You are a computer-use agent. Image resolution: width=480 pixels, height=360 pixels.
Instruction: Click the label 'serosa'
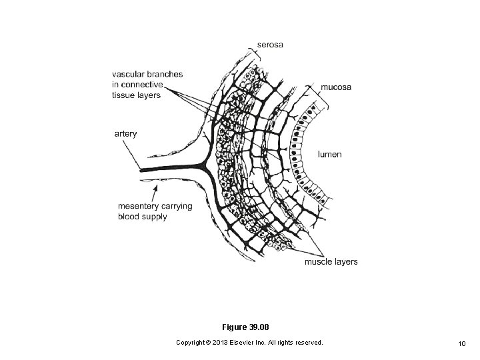click(x=271, y=45)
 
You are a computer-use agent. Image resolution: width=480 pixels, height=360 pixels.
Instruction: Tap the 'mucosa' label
click(x=337, y=87)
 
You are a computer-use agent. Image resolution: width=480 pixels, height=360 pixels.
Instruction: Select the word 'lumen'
click(x=329, y=154)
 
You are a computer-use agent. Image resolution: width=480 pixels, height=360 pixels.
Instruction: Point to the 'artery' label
click(x=125, y=133)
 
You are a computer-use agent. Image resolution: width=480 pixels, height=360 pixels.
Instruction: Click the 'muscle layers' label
click(x=331, y=261)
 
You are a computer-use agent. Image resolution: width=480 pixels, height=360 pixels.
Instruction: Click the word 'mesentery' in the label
click(x=139, y=206)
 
